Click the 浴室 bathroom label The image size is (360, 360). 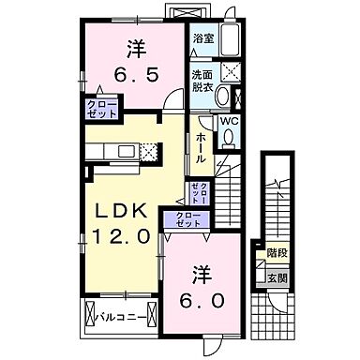pos(204,38)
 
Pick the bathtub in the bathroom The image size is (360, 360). pos(234,39)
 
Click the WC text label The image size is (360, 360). pos(227,120)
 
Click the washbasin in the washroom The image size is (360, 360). pos(233,96)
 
